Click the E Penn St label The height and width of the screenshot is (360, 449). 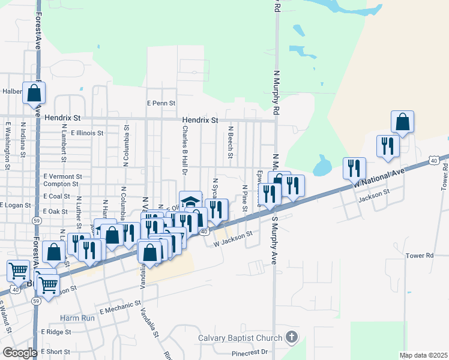(160, 103)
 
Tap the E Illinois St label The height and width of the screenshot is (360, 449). (87, 133)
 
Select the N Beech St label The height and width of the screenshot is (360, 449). (231, 143)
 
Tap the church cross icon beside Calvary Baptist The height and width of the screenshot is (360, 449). (292, 337)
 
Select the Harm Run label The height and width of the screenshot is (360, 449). (77, 317)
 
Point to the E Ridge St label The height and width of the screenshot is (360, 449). (56, 331)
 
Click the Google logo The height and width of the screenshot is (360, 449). (20, 353)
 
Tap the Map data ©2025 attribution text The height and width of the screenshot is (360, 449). (423, 355)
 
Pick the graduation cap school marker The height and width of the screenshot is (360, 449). (190, 201)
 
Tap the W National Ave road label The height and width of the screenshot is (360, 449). (379, 179)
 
